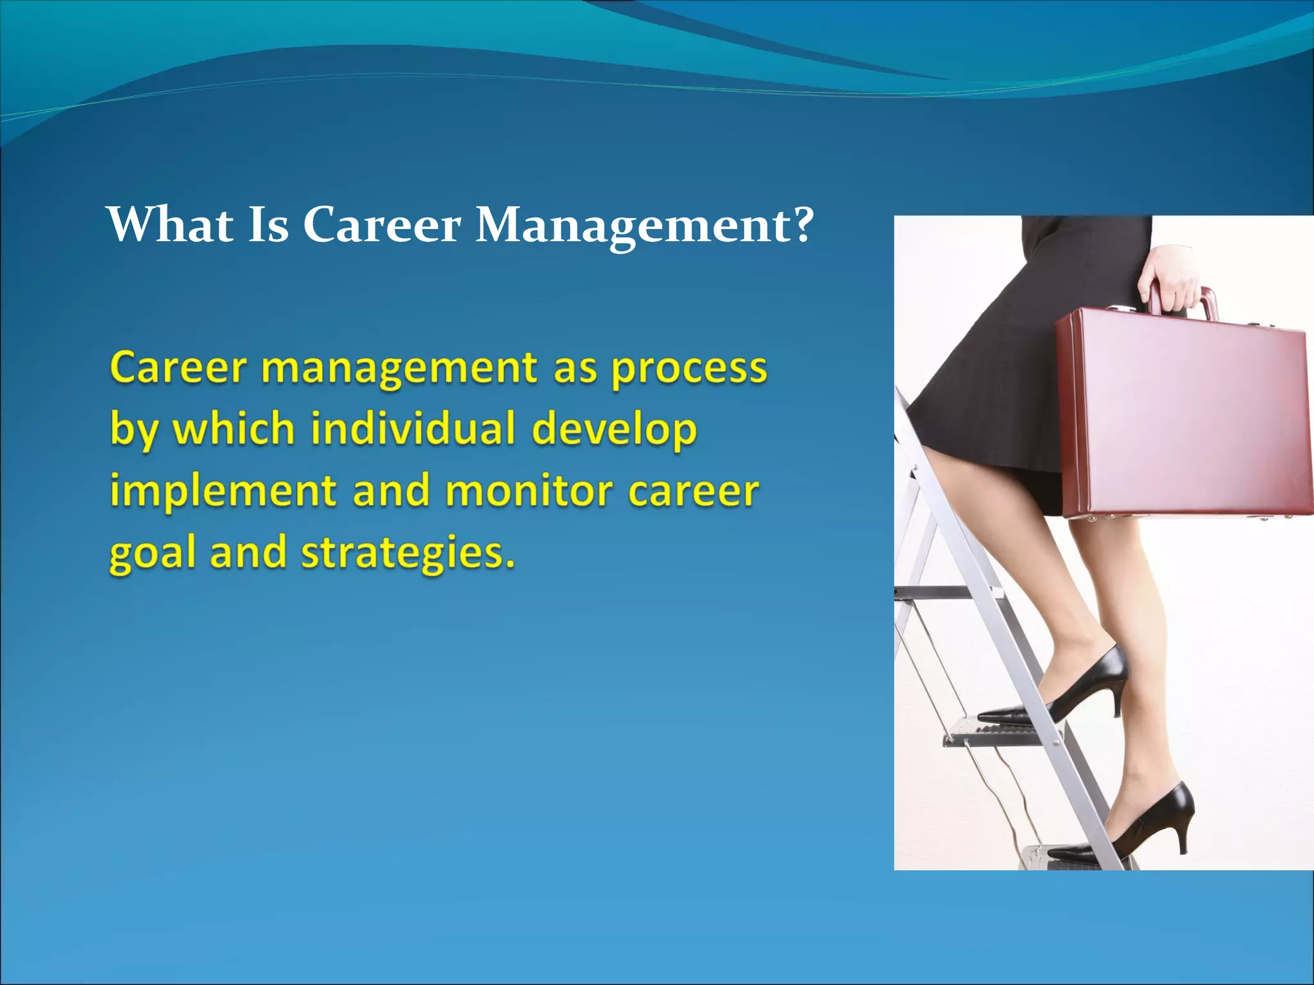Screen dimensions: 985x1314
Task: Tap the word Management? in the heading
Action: [644, 226]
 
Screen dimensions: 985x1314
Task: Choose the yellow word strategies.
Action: [408, 553]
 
